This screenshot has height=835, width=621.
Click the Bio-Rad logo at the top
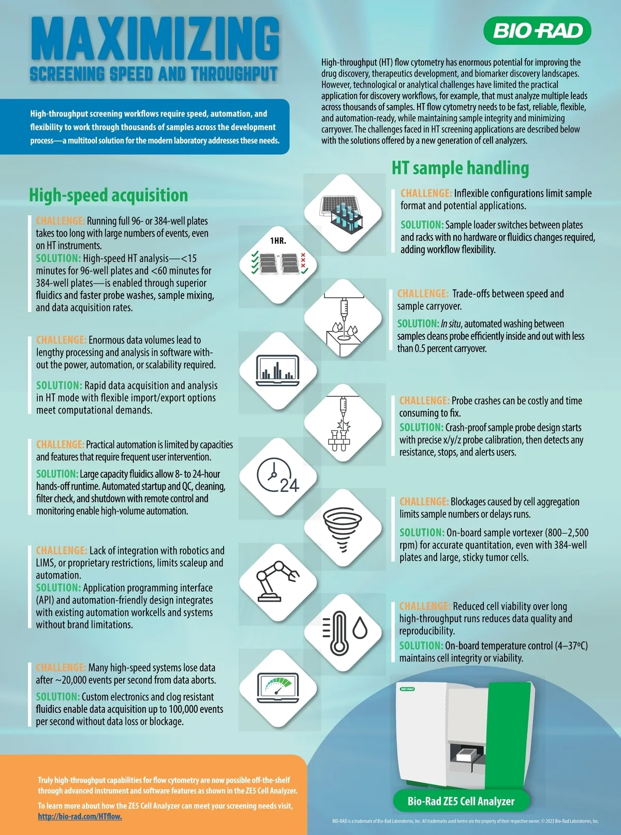point(537,31)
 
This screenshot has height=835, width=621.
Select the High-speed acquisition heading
point(108,195)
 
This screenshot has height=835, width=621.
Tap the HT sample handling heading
point(460,168)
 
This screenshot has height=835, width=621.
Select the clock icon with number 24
point(278,475)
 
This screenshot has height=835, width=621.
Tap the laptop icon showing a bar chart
point(278,371)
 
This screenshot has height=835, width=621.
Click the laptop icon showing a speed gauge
point(278,688)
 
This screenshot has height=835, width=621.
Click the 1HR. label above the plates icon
point(278,241)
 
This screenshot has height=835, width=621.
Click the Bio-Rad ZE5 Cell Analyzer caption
point(461,801)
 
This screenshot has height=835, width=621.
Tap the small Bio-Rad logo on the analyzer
point(407,689)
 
